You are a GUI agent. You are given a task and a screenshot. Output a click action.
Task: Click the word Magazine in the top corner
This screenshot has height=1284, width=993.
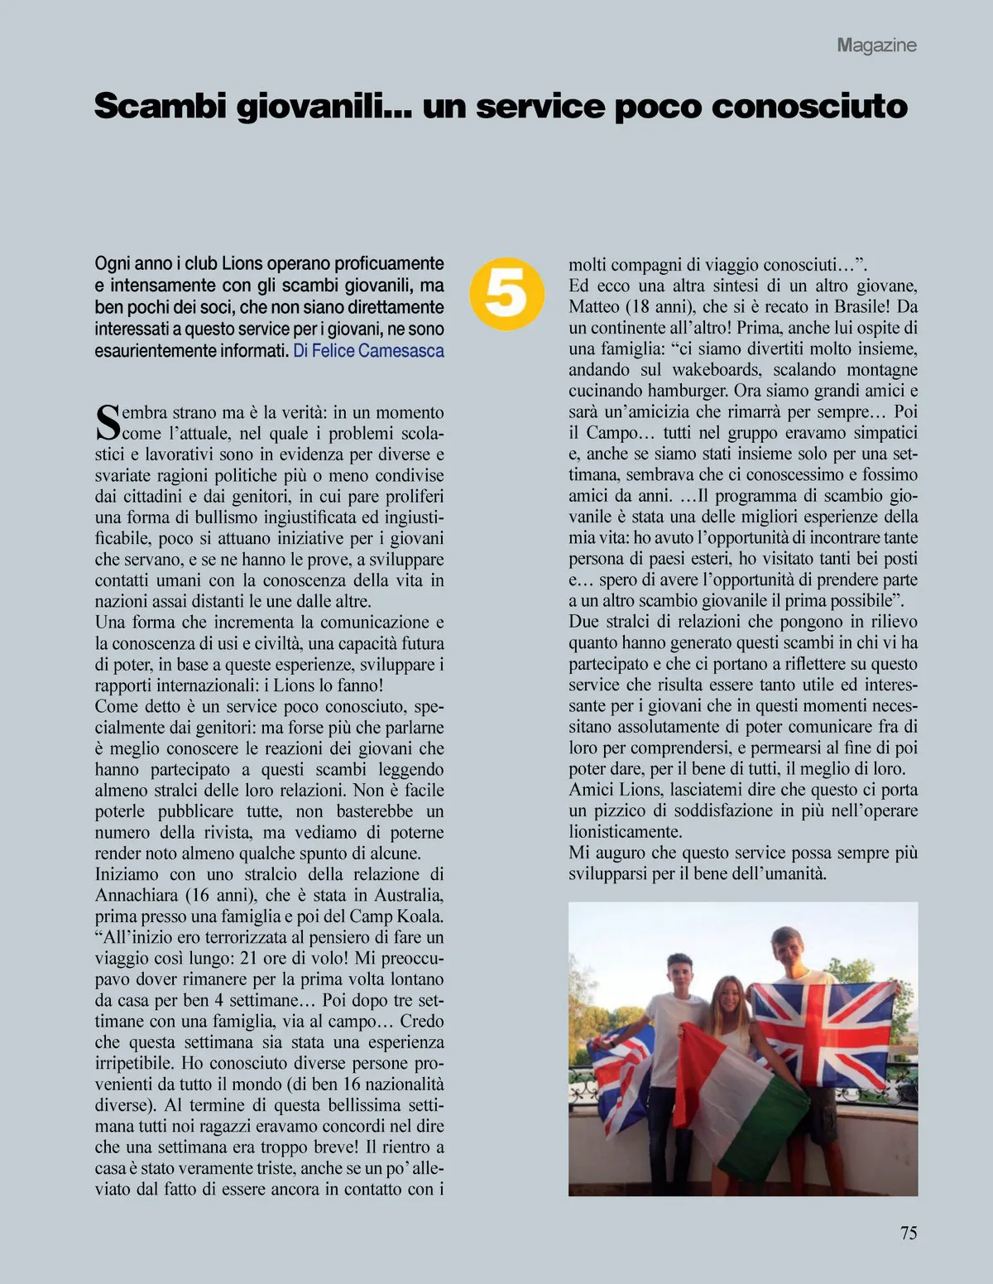coord(876,46)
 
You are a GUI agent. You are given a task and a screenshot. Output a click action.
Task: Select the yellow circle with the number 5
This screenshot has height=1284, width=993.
coord(506,293)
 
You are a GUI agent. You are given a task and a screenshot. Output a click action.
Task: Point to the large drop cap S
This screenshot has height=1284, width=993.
coord(108,422)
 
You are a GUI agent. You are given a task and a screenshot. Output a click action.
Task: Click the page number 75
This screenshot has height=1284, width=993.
coord(908,1233)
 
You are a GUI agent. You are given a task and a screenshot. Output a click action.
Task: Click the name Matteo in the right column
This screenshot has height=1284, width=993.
coord(595,306)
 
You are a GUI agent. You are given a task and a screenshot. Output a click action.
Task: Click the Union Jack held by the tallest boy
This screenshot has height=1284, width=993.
coord(823,1031)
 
